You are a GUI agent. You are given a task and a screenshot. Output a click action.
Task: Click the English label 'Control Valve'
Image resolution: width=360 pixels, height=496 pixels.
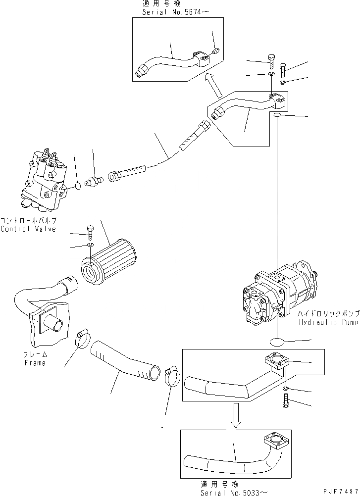click(x=28, y=229)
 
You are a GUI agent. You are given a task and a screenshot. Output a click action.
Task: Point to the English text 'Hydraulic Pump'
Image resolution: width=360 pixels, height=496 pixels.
click(x=329, y=322)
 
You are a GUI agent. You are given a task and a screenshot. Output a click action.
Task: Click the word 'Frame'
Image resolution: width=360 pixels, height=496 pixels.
click(x=34, y=363)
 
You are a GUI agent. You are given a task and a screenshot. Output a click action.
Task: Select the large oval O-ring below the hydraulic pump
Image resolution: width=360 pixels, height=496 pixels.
click(x=278, y=341)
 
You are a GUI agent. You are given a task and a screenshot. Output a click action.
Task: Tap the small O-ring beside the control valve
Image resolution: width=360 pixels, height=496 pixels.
click(x=77, y=186)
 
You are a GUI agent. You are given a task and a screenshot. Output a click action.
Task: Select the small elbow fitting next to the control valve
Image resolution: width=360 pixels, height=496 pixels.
click(x=93, y=183)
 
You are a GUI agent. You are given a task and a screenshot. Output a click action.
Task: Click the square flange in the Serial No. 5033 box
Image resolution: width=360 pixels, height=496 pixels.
click(x=271, y=441)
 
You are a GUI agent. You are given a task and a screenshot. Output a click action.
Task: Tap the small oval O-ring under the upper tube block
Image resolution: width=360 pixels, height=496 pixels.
click(x=278, y=115)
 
